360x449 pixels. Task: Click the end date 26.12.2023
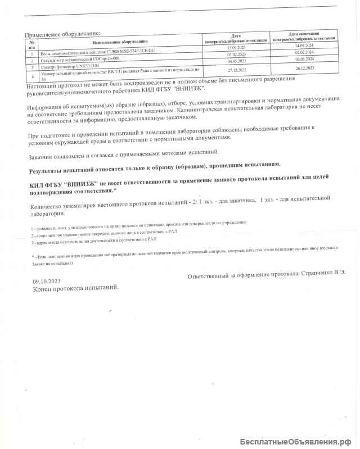tap(304, 68)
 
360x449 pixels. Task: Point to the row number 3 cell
tap(33, 66)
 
